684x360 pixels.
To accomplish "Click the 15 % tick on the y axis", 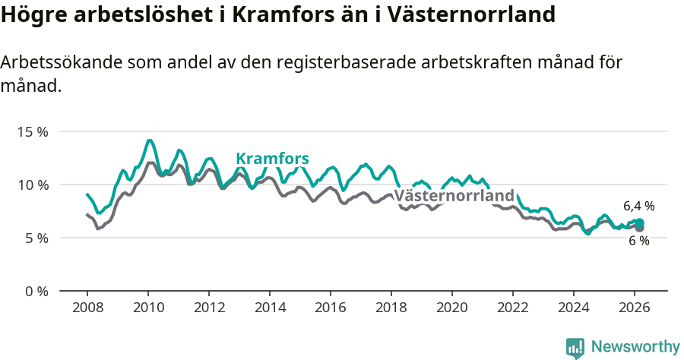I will pos(32,131).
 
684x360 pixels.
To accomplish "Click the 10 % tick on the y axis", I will pos(32,185).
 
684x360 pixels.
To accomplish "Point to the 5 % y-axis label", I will pos(35,238).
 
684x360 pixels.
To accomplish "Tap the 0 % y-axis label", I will pos(35,291).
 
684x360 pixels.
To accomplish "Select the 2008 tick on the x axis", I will pos(87,308).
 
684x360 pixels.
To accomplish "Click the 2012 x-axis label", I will pos(209,308).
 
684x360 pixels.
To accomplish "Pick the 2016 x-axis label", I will pos(331,308).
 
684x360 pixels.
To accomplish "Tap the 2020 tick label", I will pos(452,308).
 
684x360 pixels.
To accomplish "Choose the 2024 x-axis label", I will pos(574,308).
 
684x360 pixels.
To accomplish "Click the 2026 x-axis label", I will pos(635,308).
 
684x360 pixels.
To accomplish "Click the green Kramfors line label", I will pos(272,158).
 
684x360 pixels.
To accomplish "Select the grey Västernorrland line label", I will pos(454,195).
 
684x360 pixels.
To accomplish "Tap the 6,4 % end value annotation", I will pos(638,206).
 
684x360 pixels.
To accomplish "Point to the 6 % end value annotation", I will pos(638,241).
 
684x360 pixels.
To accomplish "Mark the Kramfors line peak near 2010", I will pos(150,141).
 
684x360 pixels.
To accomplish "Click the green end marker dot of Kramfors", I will pos(640,223).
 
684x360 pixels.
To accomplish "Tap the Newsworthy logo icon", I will pos(575,347).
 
